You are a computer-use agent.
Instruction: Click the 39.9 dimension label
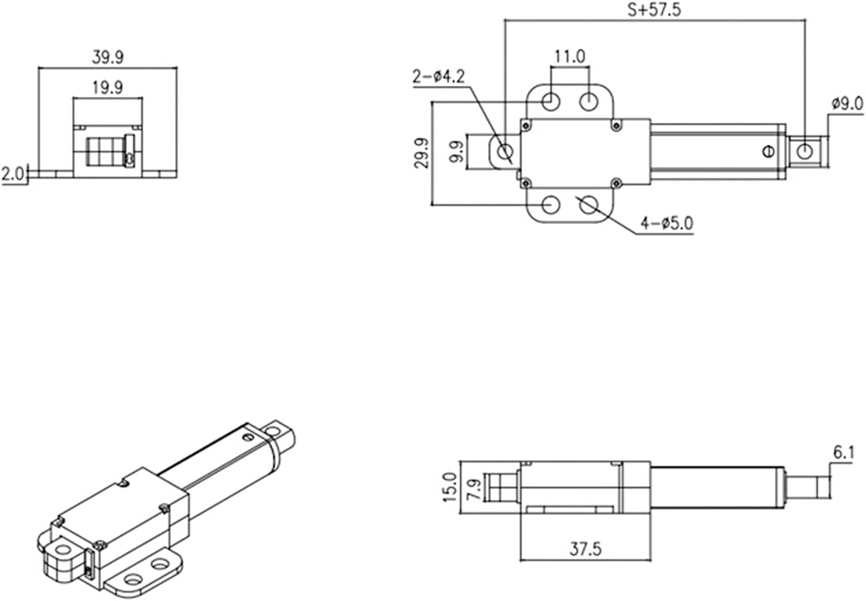(x=107, y=57)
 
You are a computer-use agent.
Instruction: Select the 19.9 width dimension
(x=107, y=87)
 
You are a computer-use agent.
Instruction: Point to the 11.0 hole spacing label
(x=570, y=57)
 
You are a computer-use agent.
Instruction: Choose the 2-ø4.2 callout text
(x=438, y=77)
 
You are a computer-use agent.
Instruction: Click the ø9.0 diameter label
(x=847, y=103)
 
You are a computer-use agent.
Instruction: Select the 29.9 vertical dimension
(x=421, y=153)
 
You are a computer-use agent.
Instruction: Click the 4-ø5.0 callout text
(x=666, y=223)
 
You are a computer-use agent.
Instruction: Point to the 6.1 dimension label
(x=844, y=453)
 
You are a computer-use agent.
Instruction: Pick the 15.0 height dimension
(x=450, y=487)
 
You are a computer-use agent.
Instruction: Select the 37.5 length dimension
(x=585, y=549)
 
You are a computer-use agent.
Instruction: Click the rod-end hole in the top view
(x=804, y=152)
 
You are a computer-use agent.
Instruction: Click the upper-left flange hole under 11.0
(x=551, y=101)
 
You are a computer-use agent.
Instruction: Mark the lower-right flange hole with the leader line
(x=589, y=205)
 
